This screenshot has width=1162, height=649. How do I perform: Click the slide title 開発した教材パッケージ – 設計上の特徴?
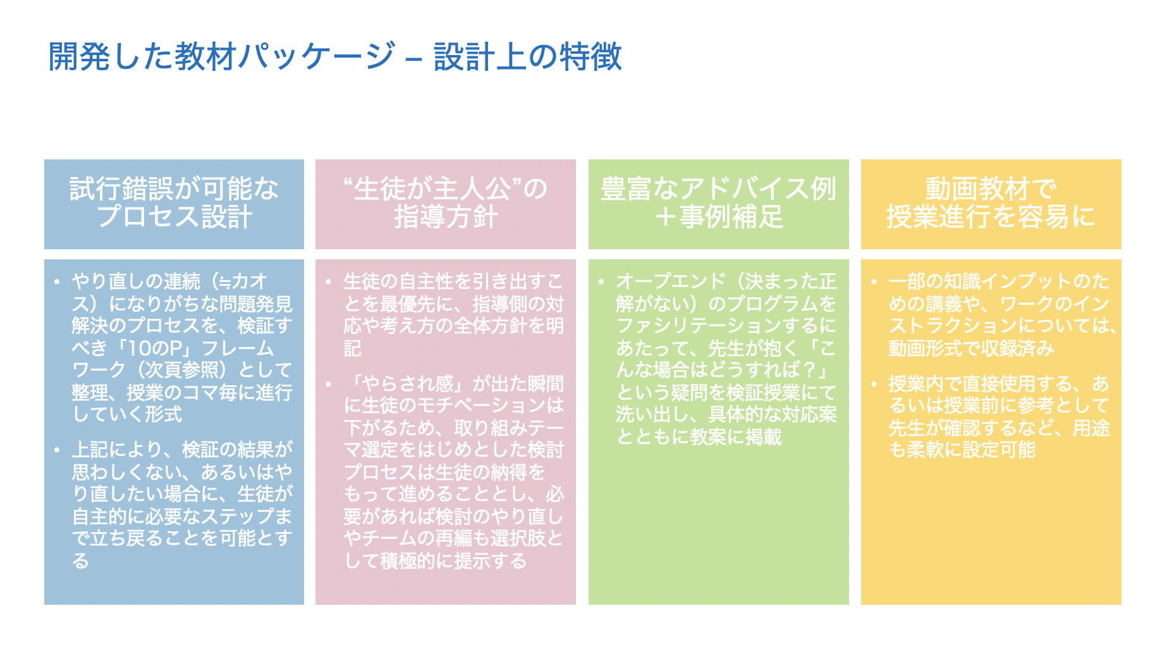point(335,56)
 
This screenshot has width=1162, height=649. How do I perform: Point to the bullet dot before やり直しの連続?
point(57,282)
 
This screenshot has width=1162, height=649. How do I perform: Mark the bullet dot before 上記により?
point(57,450)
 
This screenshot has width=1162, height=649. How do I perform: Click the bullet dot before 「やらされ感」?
point(329,385)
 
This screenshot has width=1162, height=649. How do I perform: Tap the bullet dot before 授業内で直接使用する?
point(874,385)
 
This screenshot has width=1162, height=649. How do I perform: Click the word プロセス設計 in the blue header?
point(174,217)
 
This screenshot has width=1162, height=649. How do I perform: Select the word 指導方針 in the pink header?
point(446,217)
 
